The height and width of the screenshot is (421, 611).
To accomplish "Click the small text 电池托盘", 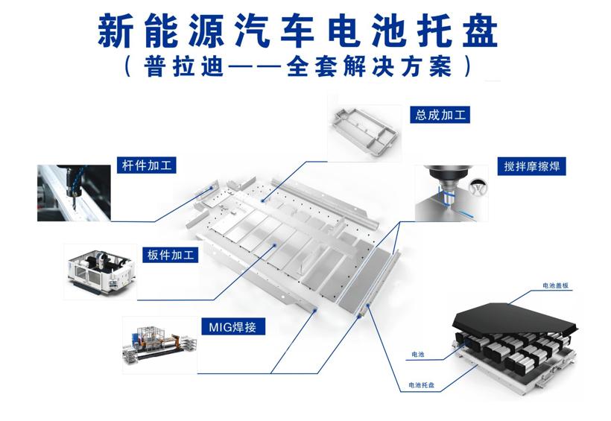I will coord(422,386).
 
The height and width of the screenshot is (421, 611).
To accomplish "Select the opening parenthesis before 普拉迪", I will coord(132,66).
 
